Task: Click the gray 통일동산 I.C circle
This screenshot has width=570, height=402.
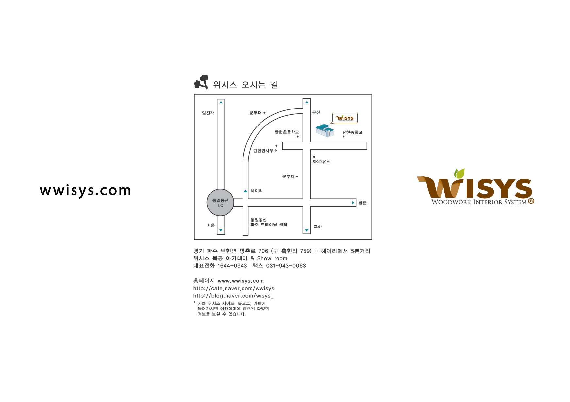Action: tap(220, 203)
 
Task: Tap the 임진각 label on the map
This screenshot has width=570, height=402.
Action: tap(208, 113)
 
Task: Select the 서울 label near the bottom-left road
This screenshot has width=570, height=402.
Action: tap(211, 225)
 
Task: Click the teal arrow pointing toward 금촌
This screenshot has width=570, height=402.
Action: tap(353, 203)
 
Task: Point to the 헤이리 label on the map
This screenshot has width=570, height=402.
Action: tap(257, 191)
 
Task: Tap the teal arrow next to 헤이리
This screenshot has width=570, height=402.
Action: tap(245, 191)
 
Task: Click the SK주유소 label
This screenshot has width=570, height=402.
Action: tap(321, 162)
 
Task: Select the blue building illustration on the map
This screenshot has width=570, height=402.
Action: tap(325, 131)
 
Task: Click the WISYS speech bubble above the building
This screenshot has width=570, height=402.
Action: tap(345, 118)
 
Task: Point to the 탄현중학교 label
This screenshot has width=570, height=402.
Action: tap(352, 132)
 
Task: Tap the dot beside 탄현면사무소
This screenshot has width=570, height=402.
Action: tap(277, 146)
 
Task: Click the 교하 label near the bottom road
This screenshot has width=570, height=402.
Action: tap(318, 226)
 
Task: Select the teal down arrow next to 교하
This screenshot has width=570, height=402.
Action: tap(307, 230)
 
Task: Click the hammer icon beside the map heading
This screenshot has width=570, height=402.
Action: tap(201, 82)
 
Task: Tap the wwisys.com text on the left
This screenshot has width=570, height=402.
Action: tap(85, 191)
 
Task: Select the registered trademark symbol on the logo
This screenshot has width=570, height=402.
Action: tap(531, 201)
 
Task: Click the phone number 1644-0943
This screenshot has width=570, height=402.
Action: tap(232, 266)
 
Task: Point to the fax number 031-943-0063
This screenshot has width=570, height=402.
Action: tap(286, 266)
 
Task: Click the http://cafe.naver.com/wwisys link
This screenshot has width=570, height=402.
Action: tap(234, 288)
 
